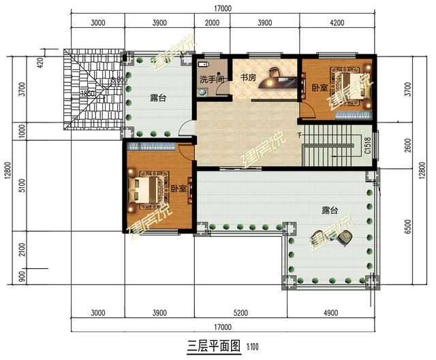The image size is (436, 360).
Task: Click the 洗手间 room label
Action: click(210, 80)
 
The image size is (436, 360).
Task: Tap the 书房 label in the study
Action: click(248, 78)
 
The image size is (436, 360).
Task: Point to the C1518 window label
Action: click(368, 145)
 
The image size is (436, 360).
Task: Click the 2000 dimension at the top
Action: click(212, 23)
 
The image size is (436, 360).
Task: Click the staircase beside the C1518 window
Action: click(330, 146)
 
